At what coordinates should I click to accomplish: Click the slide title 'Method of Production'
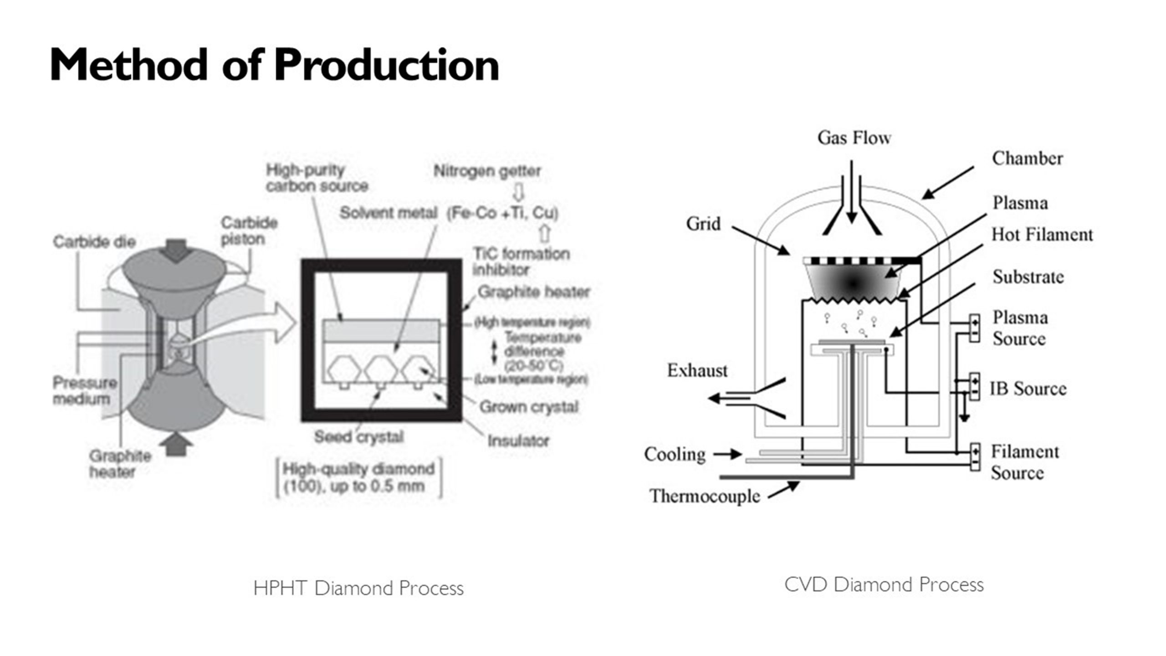point(274,65)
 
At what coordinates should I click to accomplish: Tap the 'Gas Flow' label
point(854,138)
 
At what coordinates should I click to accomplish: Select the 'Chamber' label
point(1027,159)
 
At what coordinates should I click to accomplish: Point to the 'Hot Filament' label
point(1042,235)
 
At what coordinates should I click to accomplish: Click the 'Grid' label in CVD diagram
point(703,224)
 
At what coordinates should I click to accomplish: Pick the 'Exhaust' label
point(697,370)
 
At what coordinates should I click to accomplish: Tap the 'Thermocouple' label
point(705,496)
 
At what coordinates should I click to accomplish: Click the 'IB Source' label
point(1028,389)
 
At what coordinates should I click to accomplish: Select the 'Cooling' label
point(675,454)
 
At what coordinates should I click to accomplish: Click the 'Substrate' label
point(1028,277)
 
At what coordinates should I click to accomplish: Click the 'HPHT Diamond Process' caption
point(358,588)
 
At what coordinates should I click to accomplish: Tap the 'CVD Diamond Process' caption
point(884,584)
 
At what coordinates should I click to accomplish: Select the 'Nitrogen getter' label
point(487,171)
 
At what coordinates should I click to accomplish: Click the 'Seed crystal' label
point(359,437)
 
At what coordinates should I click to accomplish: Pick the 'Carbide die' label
point(94,242)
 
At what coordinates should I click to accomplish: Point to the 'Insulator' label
point(518,441)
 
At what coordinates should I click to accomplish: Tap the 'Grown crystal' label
point(528,407)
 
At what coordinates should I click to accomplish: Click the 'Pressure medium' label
point(85,390)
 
